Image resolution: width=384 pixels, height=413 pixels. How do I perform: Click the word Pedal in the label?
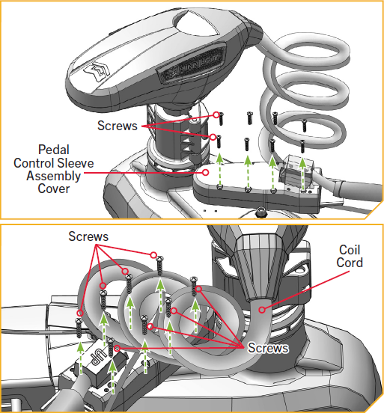(x=54, y=150)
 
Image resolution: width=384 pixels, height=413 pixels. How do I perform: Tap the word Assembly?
(x=53, y=176)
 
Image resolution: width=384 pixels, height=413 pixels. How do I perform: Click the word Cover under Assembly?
(x=54, y=189)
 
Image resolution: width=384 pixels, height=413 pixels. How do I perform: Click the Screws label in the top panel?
(x=118, y=126)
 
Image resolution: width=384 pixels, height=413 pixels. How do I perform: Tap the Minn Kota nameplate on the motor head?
(x=192, y=65)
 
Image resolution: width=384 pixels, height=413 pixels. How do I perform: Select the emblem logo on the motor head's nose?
(x=97, y=71)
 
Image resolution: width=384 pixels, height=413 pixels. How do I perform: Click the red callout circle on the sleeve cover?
(x=206, y=172)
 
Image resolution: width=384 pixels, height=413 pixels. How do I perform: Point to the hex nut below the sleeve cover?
(x=261, y=211)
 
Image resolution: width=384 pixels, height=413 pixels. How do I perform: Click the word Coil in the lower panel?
(x=350, y=250)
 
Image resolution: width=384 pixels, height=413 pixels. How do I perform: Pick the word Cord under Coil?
(x=350, y=263)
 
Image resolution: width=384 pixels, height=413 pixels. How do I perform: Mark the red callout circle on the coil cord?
(x=262, y=310)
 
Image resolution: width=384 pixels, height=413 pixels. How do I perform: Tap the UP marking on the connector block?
(x=98, y=357)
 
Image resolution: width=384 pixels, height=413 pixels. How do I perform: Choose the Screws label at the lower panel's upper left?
(x=88, y=236)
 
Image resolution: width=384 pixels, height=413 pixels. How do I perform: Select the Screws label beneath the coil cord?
(x=268, y=348)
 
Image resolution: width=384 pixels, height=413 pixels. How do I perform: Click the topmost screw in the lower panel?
(x=159, y=266)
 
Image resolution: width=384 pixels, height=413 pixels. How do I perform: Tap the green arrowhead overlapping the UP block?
(x=112, y=367)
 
